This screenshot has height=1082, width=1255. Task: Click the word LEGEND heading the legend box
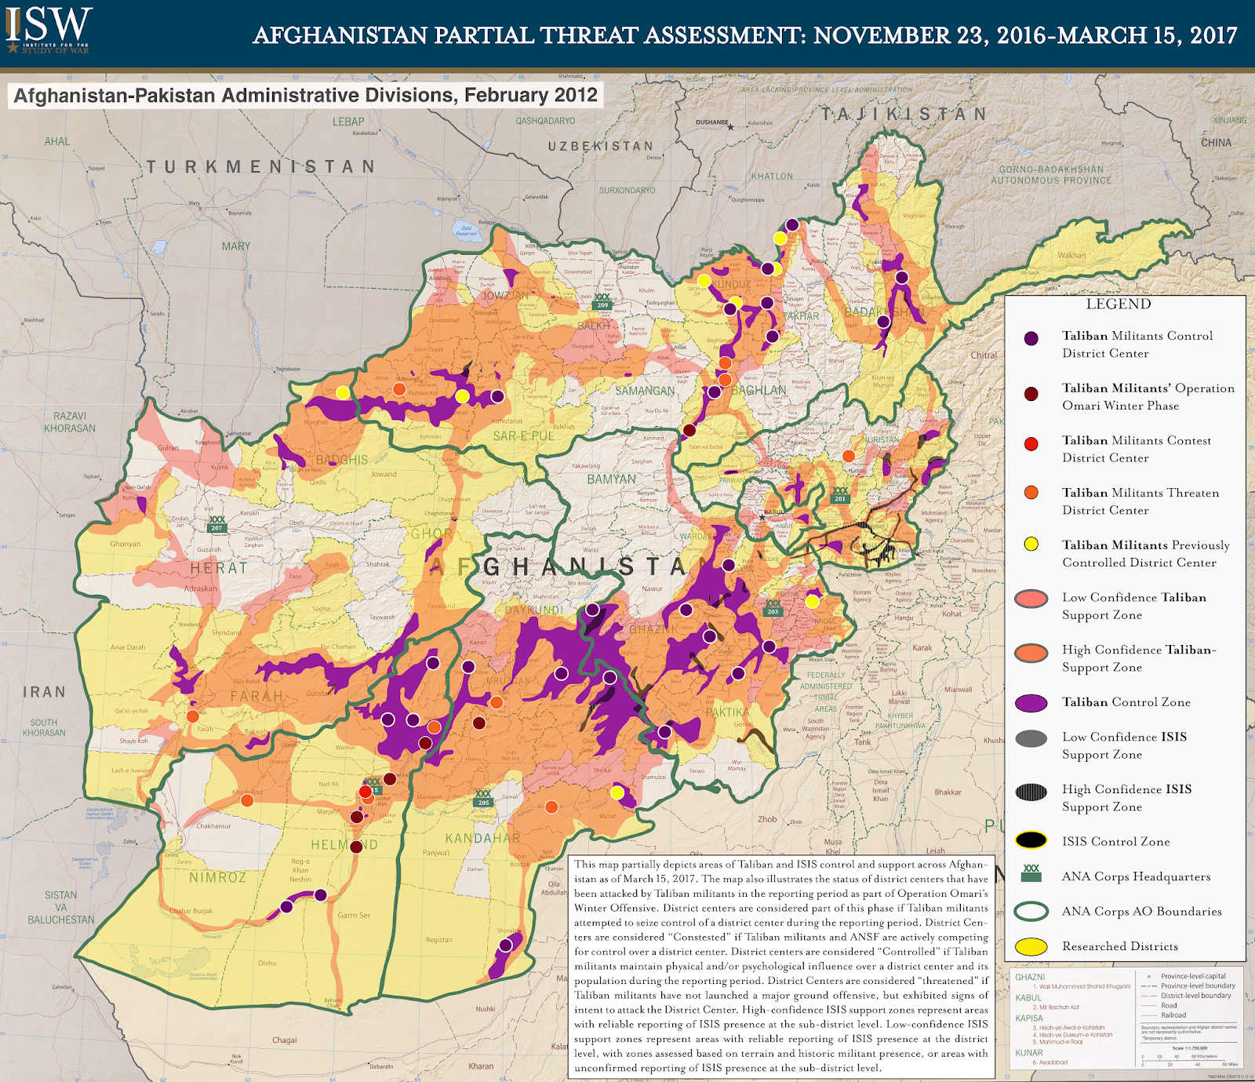[x=1119, y=304]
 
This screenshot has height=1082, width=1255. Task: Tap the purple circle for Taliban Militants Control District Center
[x=1031, y=338]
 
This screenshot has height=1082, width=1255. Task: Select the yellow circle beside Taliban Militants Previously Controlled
[x=1031, y=544]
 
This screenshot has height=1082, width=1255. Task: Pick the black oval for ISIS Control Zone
[x=1031, y=840]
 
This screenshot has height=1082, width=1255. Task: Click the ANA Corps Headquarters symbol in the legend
[x=1031, y=874]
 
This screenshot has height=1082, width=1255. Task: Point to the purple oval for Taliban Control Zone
[x=1031, y=702]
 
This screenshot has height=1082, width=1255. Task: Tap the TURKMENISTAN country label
[x=261, y=166]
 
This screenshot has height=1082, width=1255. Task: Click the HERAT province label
[x=219, y=567]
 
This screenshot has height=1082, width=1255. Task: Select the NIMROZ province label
[x=218, y=877]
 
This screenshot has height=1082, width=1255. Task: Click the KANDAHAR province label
[x=482, y=838]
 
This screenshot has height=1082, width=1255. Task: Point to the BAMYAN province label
[x=611, y=479]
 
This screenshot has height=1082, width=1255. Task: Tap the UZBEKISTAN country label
[x=600, y=147]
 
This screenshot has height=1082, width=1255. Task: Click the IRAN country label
[x=44, y=692]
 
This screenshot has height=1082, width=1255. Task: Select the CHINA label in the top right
[x=1216, y=143]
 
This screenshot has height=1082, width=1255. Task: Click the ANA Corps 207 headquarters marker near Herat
[x=217, y=524]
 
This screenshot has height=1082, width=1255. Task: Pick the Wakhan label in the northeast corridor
[x=1071, y=255]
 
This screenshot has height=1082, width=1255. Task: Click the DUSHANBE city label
[x=712, y=122]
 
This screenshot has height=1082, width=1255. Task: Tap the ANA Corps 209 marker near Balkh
[x=602, y=301]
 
